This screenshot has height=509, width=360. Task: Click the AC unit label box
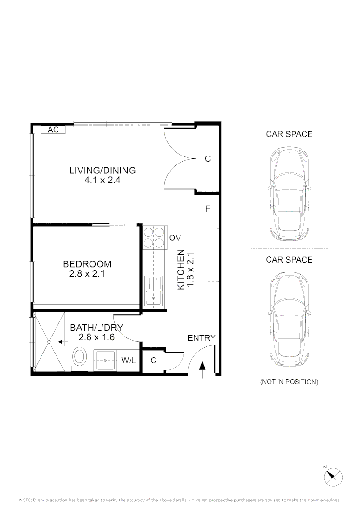click(53, 130)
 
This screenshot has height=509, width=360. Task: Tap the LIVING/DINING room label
click(103, 170)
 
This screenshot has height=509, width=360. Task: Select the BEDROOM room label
click(87, 264)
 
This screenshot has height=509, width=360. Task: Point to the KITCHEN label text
click(181, 270)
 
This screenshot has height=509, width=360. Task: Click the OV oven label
click(175, 238)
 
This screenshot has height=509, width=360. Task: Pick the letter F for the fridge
click(208, 209)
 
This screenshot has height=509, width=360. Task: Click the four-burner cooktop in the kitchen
click(154, 238)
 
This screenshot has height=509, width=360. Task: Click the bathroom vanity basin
click(106, 361)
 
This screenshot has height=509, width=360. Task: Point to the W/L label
click(129, 361)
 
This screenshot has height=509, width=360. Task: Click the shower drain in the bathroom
click(49, 342)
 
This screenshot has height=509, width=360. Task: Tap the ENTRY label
click(202, 338)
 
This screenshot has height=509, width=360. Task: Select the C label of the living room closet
click(208, 159)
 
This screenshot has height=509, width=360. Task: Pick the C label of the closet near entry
click(154, 361)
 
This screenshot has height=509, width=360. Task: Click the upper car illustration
click(289, 194)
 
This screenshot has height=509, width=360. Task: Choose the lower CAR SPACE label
click(289, 260)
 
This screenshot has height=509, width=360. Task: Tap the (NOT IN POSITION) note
click(289, 382)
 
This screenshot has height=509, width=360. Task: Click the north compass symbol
click(333, 477)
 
